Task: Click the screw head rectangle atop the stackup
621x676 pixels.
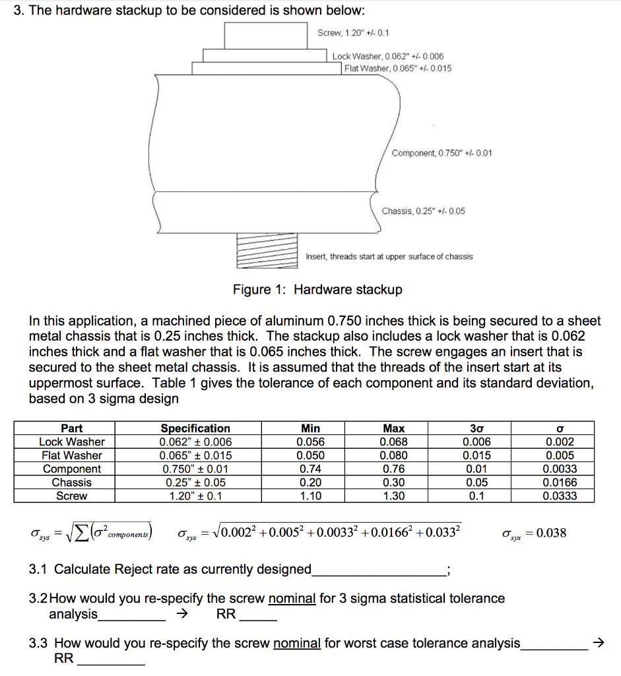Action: [266, 34]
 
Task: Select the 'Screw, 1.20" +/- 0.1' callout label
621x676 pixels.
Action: [353, 32]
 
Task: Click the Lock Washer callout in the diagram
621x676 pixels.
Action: [388, 57]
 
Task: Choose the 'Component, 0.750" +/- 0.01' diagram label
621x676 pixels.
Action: [441, 153]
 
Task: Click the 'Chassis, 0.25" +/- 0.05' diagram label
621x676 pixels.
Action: [423, 211]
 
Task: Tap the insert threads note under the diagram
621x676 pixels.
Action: [389, 256]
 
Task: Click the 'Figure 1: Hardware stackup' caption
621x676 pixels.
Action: [317, 290]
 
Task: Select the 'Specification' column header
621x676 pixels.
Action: [195, 428]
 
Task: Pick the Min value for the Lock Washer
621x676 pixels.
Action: [310, 442]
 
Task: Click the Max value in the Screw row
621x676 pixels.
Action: [394, 496]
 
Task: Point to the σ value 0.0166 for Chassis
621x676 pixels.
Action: [560, 483]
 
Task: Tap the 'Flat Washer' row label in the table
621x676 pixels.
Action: [72, 455]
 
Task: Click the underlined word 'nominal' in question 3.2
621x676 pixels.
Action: [292, 599]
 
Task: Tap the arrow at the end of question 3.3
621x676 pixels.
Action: [599, 642]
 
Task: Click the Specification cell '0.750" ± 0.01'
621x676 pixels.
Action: [195, 469]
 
